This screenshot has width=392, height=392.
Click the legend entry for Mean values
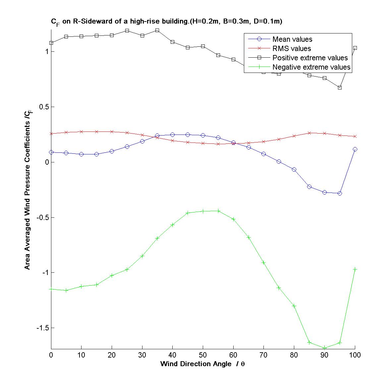coord(292,39)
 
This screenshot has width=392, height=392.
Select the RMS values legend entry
coord(292,49)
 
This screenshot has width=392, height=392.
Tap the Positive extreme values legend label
coord(310,58)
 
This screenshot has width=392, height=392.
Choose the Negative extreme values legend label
coord(311,67)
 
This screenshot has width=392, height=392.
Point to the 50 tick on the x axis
coord(203,355)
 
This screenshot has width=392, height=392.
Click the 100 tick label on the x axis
coord(355,355)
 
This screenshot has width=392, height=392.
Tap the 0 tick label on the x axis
coord(51,355)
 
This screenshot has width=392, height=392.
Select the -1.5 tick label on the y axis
coord(42,328)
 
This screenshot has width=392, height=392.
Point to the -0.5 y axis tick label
coord(42,217)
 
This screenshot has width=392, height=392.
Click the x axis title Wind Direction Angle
coord(202,364)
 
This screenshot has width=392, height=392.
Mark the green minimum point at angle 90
coord(324,348)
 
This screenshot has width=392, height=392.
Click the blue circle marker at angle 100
coord(355,149)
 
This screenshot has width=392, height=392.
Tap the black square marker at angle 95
coord(340,87)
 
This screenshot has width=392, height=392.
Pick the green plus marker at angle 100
coord(355,269)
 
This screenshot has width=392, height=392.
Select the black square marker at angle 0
coord(51,43)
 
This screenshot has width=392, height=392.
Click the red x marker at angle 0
coord(51,134)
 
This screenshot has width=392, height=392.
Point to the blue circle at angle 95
coord(340,193)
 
